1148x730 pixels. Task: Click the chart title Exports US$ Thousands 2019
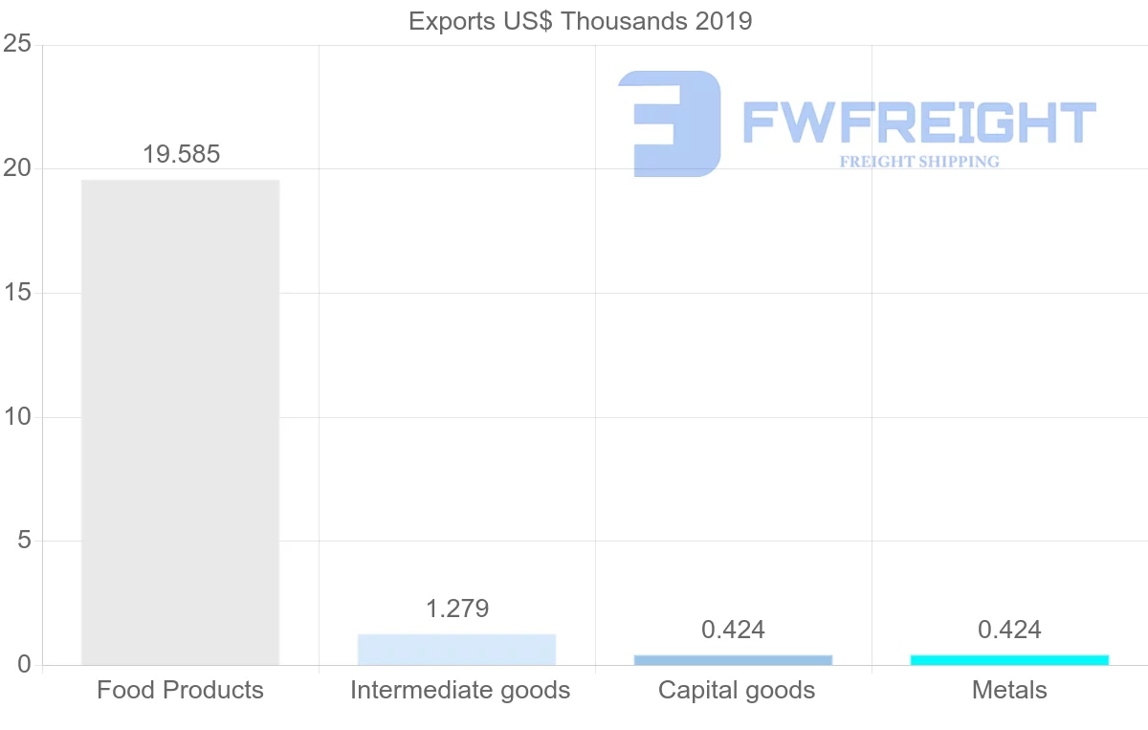580,21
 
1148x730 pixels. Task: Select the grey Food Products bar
180,422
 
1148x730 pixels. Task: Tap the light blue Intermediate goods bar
456,650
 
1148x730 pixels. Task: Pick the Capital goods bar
733,660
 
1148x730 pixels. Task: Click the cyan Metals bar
1009,660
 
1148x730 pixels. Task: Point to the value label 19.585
181,154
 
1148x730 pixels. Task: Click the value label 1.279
457,608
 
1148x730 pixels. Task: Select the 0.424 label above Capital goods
733,630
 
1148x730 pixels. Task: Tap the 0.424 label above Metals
1009,630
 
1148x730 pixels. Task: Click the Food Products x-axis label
180,690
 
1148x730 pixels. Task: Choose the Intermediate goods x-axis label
460,690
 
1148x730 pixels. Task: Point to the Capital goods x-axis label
737,690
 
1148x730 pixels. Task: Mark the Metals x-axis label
1009,690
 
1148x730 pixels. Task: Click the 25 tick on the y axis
18,45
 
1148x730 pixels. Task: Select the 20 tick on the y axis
18,169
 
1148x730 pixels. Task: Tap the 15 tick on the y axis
18,293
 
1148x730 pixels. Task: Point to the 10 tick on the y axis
18,417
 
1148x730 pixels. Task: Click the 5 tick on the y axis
24,542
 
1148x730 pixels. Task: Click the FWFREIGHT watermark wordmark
918,123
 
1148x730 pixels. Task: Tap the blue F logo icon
670,123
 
